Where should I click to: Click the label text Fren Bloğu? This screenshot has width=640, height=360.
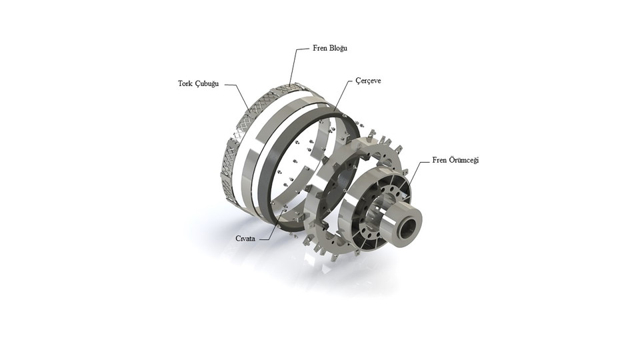[330, 49]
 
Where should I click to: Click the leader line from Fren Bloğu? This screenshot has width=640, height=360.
[296, 67]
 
